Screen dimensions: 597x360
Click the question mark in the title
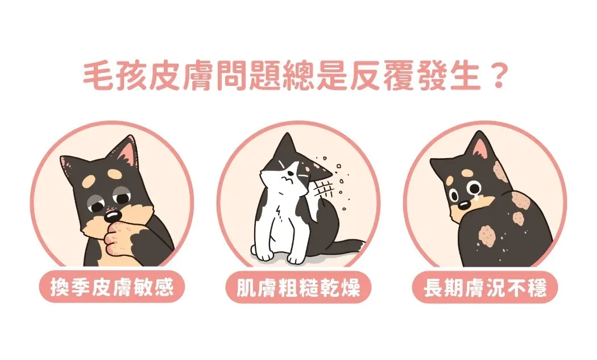point(498,76)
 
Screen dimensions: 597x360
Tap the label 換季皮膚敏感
point(112,287)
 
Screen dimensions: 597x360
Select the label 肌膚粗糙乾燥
point(298,287)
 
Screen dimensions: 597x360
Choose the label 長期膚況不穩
point(484,287)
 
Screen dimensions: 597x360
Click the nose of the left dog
point(112,216)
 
